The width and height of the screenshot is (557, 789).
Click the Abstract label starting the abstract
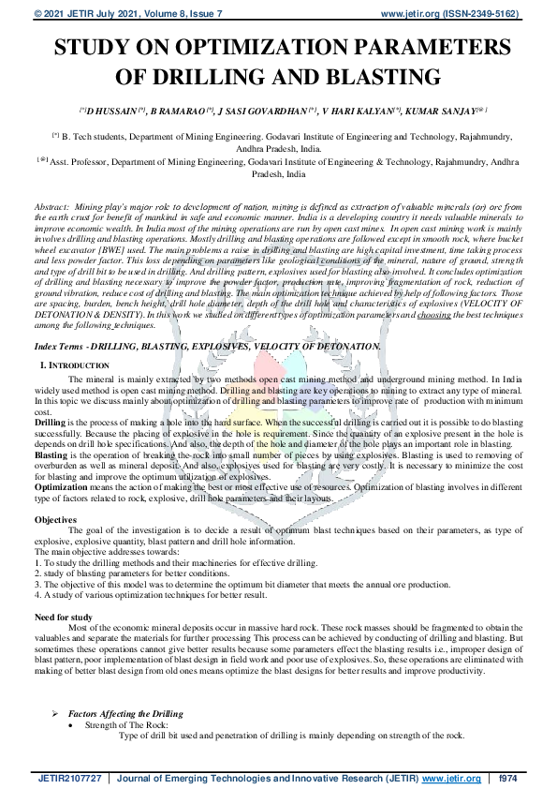[51, 204]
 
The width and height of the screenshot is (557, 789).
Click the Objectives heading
[55, 518]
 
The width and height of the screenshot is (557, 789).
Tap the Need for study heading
[64, 617]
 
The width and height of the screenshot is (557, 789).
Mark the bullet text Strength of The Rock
[123, 725]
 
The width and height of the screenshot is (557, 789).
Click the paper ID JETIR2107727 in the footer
[71, 778]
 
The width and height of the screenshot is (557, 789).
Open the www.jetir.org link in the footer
[451, 778]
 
